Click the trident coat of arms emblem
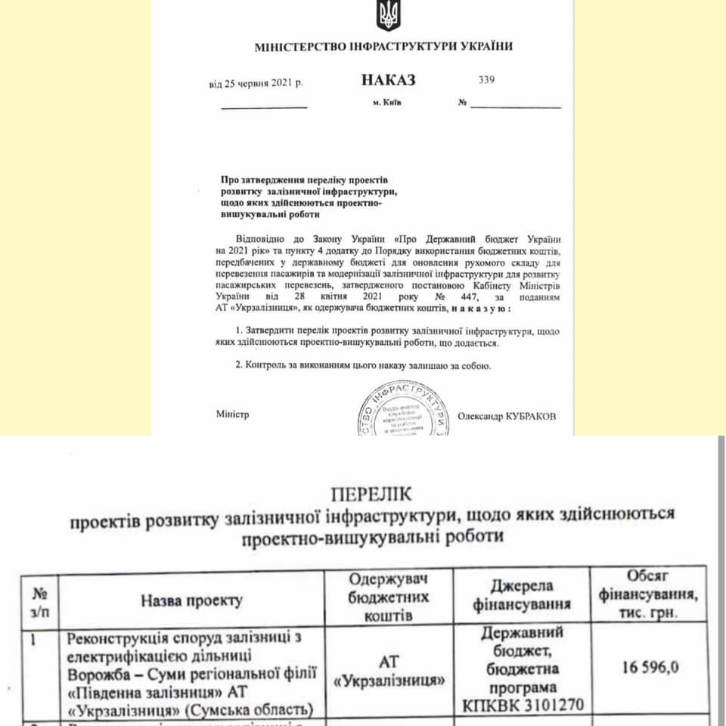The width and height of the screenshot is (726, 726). coord(387,16)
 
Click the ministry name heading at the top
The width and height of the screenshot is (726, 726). coord(383,46)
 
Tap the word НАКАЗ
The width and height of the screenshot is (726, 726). coord(388,80)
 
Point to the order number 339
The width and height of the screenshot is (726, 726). coord(486,79)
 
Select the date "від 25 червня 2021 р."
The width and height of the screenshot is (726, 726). coord(256,83)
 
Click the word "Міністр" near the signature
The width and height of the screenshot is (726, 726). coord(232,414)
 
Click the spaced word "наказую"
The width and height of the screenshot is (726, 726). coord(479,309)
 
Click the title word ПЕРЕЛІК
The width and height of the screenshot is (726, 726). coord(371,495)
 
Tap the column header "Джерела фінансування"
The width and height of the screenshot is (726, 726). coord(522,595)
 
